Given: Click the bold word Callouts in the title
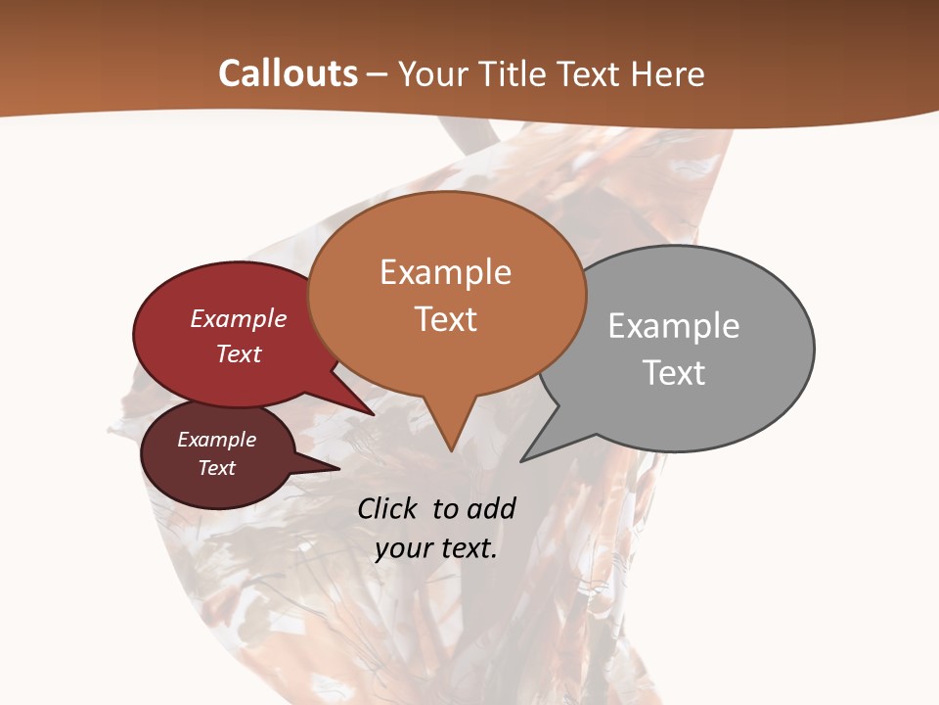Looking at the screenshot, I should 288,73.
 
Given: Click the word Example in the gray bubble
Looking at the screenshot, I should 673,325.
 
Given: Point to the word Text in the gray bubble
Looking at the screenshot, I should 673,372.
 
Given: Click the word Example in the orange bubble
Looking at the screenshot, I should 445,272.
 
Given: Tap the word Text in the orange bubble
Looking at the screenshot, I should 445,319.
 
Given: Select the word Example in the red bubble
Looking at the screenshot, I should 239,318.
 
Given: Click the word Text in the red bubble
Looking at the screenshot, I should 239,353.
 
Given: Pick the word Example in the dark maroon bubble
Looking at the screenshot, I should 216,440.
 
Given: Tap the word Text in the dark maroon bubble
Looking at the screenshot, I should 216,468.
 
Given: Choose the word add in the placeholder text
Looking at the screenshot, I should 491,508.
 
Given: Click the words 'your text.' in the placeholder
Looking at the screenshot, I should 435,548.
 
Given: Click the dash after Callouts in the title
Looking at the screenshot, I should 379,73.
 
